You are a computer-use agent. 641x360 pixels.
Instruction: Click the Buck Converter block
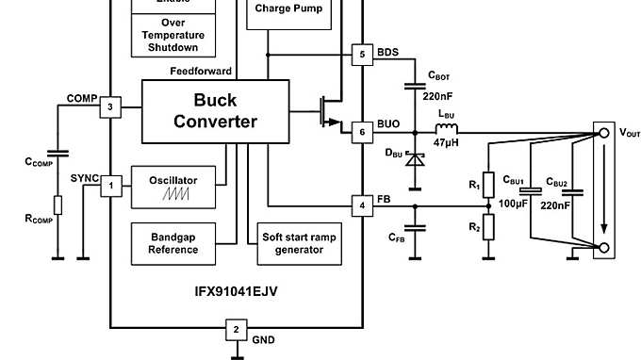coord(215,110)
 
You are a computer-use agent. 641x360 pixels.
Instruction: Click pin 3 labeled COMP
coord(110,108)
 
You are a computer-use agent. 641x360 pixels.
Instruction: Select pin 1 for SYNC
coord(110,186)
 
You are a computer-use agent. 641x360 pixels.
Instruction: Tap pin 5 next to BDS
coord(362,55)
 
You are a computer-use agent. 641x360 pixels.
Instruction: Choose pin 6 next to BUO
coord(362,133)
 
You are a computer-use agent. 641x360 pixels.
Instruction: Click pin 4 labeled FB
coord(362,205)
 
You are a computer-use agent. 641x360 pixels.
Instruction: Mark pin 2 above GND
coord(236,330)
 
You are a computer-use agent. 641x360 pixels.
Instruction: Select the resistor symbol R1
coord(488,184)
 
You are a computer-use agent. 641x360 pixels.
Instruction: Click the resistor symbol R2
coord(488,227)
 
